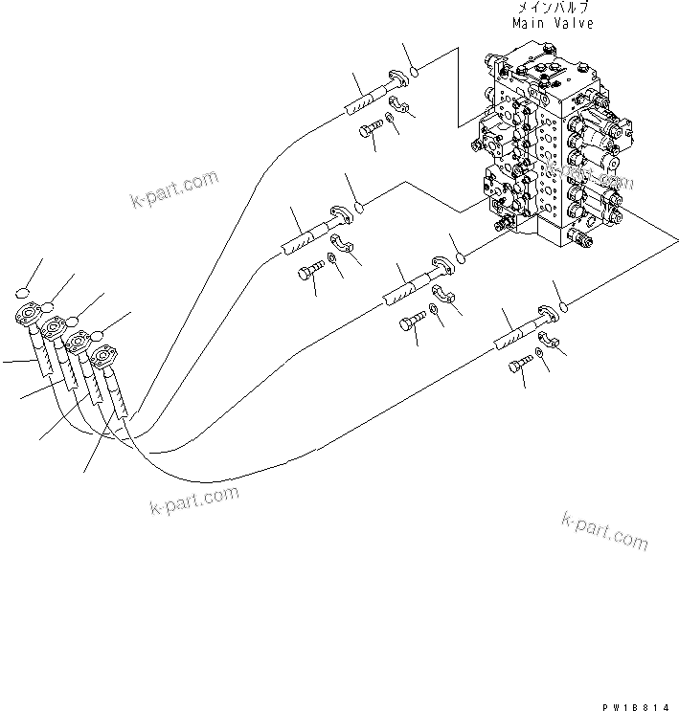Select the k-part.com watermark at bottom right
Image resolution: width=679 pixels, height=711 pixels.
(604, 529)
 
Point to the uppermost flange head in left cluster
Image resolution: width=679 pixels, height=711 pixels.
(29, 316)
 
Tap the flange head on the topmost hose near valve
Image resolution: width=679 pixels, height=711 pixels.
(396, 80)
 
